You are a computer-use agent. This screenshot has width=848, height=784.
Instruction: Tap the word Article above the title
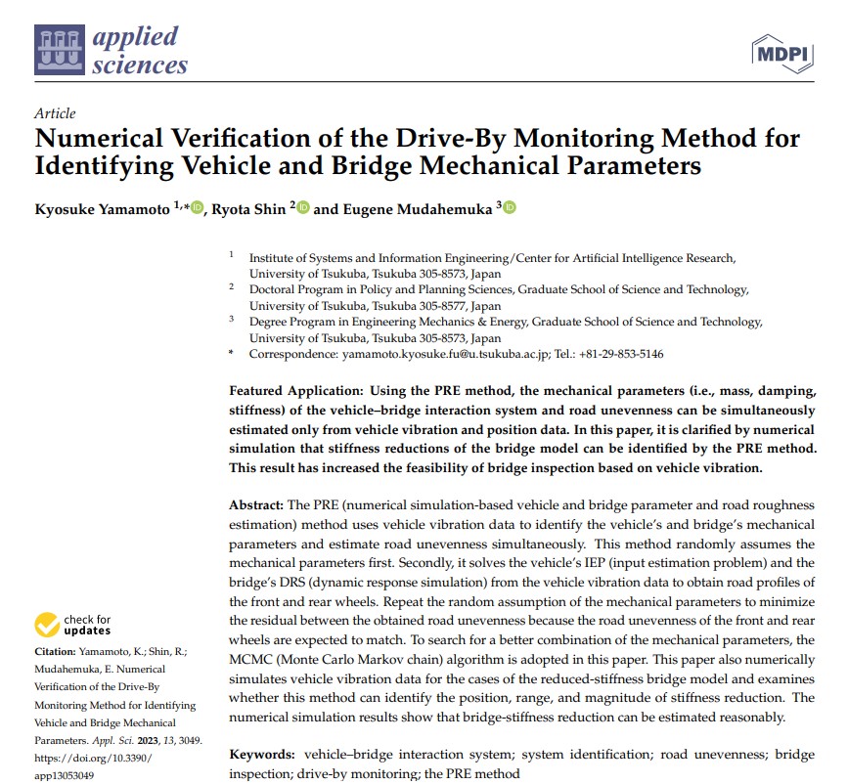(x=54, y=113)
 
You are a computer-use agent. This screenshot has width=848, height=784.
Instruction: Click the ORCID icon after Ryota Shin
(x=302, y=207)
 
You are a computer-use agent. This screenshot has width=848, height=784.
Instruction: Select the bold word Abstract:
(x=256, y=504)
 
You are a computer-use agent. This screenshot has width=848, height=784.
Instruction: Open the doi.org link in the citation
(x=93, y=758)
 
